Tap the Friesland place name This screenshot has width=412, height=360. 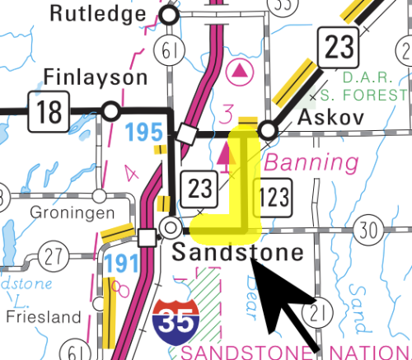(x=43, y=316)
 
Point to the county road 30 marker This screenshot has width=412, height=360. (x=368, y=230)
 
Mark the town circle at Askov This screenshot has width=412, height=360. (x=267, y=131)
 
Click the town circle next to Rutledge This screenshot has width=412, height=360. (x=170, y=15)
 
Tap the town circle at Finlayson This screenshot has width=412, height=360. (x=110, y=110)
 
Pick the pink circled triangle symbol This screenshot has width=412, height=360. (x=241, y=72)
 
